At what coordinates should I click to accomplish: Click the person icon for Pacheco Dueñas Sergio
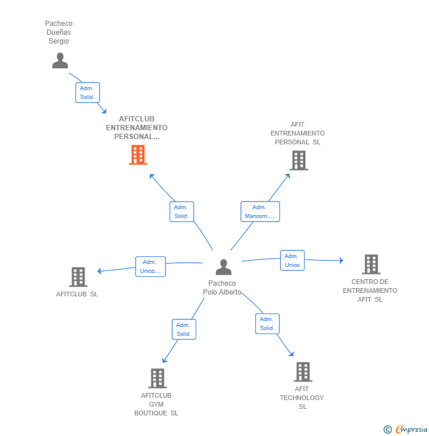point(60,60)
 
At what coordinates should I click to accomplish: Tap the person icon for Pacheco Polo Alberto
point(223,267)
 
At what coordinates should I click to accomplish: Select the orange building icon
point(138,155)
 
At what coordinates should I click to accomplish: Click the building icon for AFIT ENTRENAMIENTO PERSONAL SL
point(299,160)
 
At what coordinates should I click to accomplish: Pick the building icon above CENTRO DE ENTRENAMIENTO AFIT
point(371,265)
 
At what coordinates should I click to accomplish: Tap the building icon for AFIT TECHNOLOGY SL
point(303,372)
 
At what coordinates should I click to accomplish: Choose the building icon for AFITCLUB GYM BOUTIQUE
point(157,378)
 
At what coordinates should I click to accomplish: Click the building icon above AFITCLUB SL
point(78,277)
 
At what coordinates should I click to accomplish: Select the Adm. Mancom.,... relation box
point(260,212)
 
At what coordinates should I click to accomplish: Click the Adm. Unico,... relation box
point(150,266)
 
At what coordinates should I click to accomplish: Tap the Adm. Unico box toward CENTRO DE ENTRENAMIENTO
point(292,260)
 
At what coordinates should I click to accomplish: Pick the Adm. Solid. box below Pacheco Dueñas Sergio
point(87,93)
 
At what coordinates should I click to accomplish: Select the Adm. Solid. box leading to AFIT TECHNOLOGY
point(267,323)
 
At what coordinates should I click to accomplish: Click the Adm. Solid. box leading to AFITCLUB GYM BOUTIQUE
point(183,329)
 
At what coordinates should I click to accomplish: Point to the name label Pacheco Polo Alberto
point(222,288)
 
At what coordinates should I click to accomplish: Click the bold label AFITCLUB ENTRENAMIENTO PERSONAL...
point(137,128)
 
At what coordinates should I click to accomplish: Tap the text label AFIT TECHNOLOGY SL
point(302,398)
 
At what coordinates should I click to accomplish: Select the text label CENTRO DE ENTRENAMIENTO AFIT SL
point(370,290)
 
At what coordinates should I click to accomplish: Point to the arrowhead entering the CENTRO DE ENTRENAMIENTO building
point(340,260)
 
